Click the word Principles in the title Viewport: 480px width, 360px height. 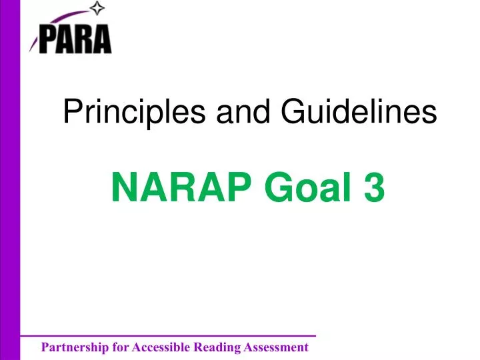pos(134,113)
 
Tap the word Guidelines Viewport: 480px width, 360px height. pos(359,111)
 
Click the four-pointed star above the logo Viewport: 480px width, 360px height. pos(99,9)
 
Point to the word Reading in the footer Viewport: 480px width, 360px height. pos(215,347)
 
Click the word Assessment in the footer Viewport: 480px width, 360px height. pos(274,347)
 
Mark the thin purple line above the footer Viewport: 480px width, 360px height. pos(167,336)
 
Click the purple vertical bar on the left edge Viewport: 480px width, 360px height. pos(10,180)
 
